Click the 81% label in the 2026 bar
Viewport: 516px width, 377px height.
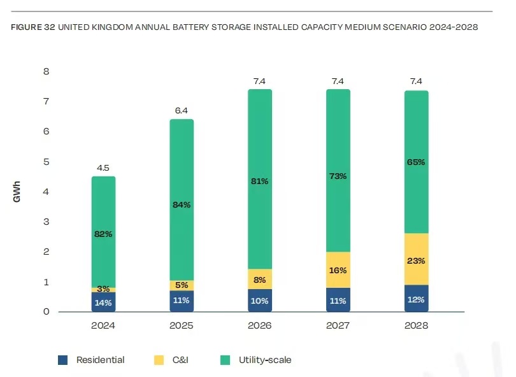coord(259,181)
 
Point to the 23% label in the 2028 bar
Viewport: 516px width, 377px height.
coord(416,260)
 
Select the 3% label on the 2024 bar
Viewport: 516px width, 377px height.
coord(103,290)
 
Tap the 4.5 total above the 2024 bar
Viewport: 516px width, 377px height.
coord(103,168)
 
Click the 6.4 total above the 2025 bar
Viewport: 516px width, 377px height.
coord(181,111)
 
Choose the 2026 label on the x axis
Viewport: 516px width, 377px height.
coord(259,325)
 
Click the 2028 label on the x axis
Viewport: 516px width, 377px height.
coord(415,325)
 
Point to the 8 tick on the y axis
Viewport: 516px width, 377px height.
coord(46,71)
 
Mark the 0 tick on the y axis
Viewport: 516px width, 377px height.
coord(46,312)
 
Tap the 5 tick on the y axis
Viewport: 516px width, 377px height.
coord(46,162)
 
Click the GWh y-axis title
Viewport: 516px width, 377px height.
coord(17,192)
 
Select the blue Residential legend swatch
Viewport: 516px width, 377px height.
coord(62,360)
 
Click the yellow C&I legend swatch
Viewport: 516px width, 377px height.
coord(157,360)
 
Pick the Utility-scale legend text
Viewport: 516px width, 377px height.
coord(265,360)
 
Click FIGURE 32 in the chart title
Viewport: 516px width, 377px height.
coord(33,28)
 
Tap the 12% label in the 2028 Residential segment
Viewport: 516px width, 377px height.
coord(416,300)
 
